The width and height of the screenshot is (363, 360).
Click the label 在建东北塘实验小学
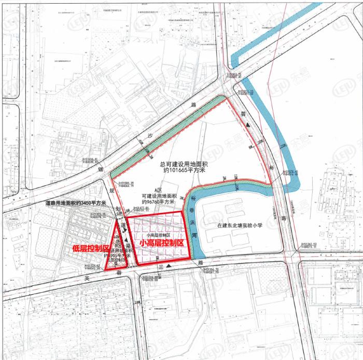241,225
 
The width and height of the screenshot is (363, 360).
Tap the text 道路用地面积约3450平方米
75,203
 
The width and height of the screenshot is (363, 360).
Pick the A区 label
151,190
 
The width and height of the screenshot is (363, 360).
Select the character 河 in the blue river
195,235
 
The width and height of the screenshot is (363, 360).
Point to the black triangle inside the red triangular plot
127,241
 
